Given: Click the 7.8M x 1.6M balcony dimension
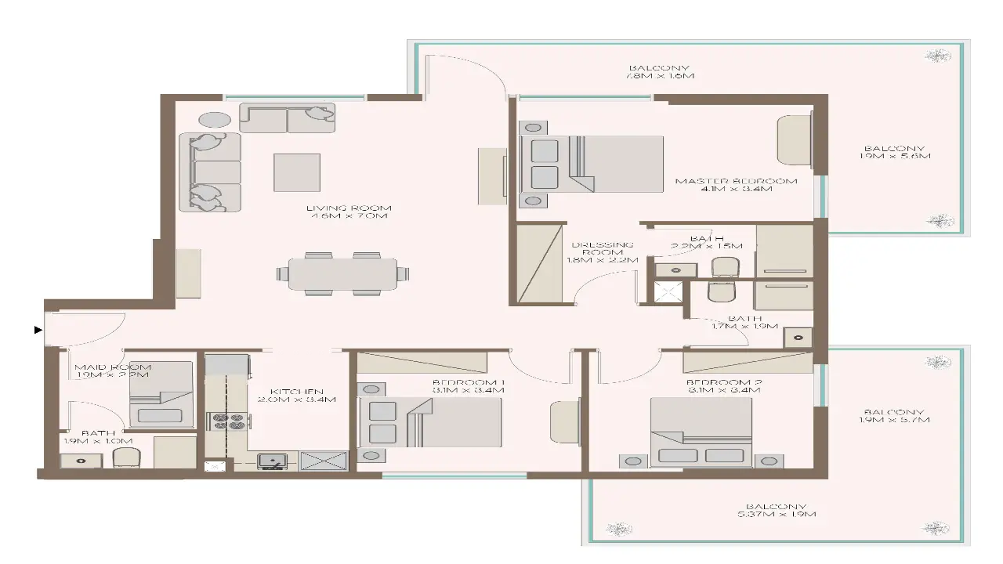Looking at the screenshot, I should pyautogui.click(x=661, y=76).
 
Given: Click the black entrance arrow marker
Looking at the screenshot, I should pyautogui.click(x=38, y=331).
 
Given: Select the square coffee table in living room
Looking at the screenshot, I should pyautogui.click(x=297, y=172).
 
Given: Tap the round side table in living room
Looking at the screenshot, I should pyautogui.click(x=214, y=120).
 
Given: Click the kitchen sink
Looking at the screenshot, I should pyautogui.click(x=272, y=461).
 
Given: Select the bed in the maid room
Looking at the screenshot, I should pyautogui.click(x=161, y=395).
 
